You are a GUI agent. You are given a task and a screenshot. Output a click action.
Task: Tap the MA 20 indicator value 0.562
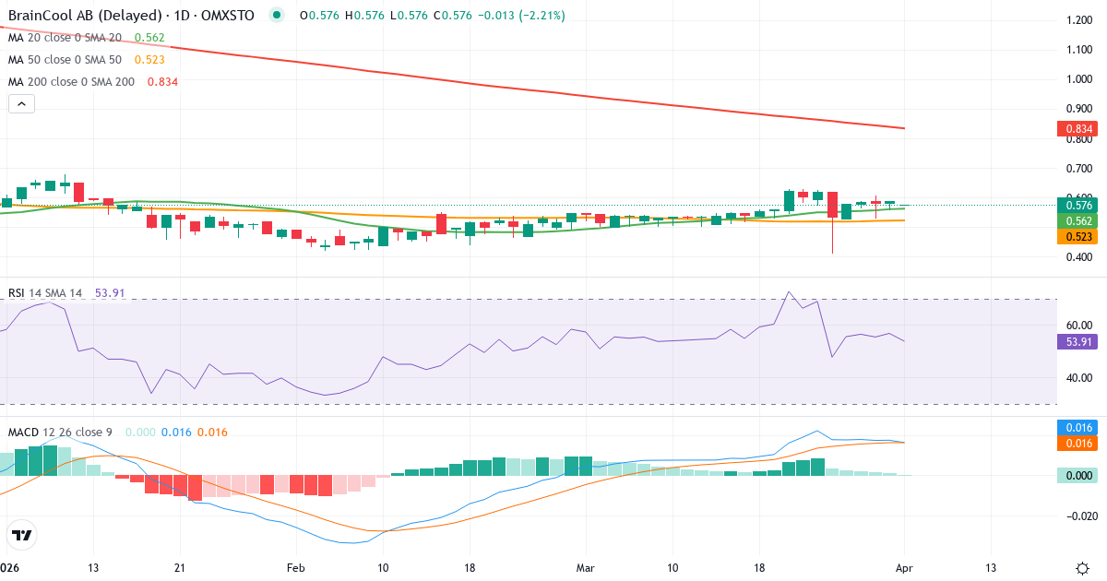pos(149,38)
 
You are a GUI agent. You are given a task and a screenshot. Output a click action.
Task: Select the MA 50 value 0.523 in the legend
pos(149,60)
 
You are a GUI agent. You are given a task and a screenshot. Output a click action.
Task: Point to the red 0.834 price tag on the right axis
pos(1077,129)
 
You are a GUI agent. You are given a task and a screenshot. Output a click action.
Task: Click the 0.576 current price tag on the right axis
pos(1077,205)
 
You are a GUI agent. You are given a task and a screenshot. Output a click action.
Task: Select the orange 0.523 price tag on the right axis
pos(1077,237)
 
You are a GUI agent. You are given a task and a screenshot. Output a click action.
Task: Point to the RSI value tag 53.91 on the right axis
pos(1077,341)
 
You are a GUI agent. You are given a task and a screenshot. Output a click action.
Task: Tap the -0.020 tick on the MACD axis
pos(1076,516)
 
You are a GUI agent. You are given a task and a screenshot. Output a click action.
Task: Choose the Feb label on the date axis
pos(295,567)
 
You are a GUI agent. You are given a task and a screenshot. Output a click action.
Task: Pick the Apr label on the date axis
pos(904,567)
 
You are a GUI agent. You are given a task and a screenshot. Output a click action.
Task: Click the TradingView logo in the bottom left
pos(22,535)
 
